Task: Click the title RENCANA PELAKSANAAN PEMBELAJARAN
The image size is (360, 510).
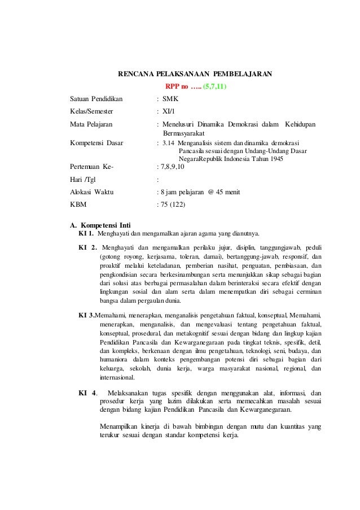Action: click(194, 73)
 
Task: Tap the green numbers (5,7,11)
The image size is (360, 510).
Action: click(217, 86)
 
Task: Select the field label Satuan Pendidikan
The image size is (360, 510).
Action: click(91, 99)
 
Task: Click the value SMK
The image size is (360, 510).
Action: click(170, 99)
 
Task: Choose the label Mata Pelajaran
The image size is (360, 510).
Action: click(90, 124)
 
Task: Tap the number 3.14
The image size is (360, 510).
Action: click(169, 143)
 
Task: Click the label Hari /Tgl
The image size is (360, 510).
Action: click(82, 180)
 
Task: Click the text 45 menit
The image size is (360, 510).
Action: click(227, 192)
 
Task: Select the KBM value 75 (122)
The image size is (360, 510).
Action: click(173, 204)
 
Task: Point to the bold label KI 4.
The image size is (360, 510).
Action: click(87, 393)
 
